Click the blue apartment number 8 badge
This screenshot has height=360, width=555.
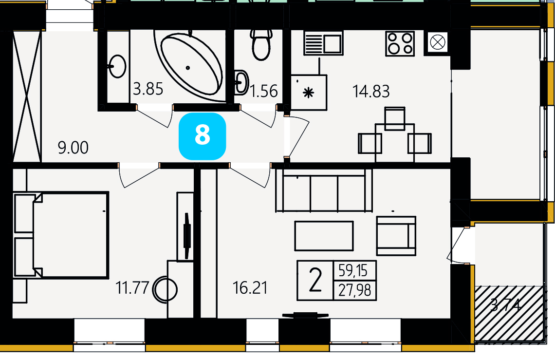tap(202, 136)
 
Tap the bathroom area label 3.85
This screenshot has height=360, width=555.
tap(148, 89)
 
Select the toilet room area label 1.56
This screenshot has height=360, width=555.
tap(264, 91)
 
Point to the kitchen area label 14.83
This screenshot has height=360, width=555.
tap(371, 91)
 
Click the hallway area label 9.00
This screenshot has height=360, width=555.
tap(73, 148)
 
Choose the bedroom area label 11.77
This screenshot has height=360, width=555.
tap(132, 288)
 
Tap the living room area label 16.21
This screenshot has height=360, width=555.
tap(250, 288)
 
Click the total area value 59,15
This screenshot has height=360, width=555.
tap(354, 270)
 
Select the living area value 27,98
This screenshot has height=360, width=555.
tap(354, 290)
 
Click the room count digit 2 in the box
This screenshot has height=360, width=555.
tap(315, 280)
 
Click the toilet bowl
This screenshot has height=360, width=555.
tap(261, 45)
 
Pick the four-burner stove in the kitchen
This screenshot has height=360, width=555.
tap(400, 43)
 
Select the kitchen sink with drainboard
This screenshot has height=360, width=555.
tap(323, 43)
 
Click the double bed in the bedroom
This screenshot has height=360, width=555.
tap(61, 235)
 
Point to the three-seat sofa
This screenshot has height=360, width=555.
tap(324, 190)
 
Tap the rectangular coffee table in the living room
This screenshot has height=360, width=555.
tap(324, 236)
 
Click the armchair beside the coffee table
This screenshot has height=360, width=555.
tap(396, 236)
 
